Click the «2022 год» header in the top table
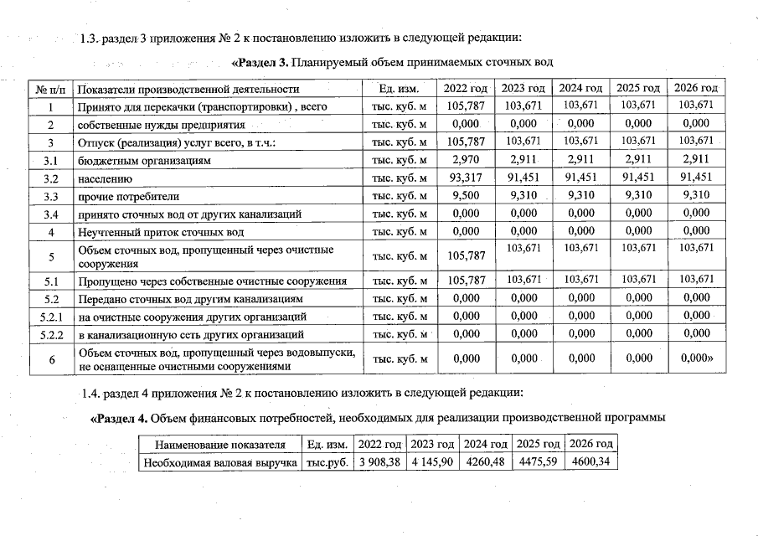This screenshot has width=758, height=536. [465, 89]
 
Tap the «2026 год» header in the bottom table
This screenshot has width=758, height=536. [590, 444]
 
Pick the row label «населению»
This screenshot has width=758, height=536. [106, 178]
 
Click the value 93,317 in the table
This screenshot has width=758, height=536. [465, 178]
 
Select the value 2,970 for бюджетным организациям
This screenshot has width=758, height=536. [465, 160]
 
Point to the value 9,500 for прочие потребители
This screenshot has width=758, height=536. [465, 196]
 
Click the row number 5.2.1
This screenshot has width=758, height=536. [51, 317]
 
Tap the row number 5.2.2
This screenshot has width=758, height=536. [51, 334]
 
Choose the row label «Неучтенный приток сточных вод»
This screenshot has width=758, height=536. [161, 232]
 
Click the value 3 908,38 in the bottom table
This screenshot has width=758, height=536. [380, 462]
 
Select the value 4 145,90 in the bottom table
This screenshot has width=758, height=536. [433, 462]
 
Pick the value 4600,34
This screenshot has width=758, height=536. [590, 462]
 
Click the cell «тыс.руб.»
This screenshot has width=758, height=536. [327, 462]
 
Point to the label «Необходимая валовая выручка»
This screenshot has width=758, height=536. [220, 462]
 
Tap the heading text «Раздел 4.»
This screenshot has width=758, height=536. [122, 418]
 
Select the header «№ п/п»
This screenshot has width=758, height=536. [51, 89]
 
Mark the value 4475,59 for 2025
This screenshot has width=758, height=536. [538, 462]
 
